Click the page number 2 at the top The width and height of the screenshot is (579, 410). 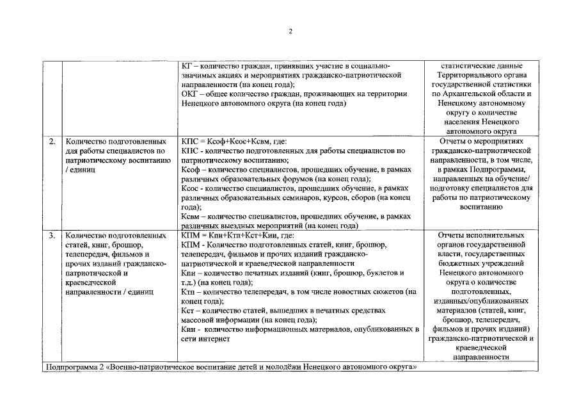pos(290,31)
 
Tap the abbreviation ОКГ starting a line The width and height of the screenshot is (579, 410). pos(191,94)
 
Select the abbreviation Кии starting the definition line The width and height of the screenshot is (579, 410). pos(189,329)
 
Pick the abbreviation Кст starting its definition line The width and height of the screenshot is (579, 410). pos(189,310)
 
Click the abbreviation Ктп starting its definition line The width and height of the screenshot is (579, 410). pos(189,291)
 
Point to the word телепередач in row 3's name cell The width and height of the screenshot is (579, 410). pos(87,254)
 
